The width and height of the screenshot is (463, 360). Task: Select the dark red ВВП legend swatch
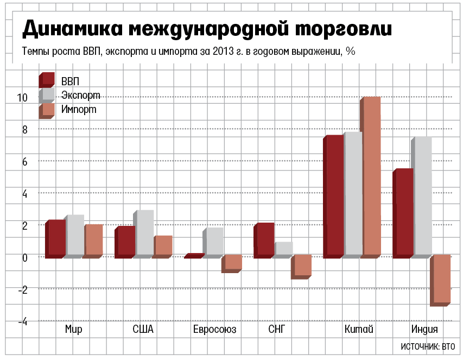point(47,80)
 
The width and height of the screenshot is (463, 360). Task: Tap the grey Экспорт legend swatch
point(47,95)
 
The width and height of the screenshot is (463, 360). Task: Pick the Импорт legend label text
point(79,109)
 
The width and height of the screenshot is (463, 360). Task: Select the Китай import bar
point(371,176)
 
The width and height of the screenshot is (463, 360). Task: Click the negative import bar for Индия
point(441,280)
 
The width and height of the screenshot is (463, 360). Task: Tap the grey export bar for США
point(144,233)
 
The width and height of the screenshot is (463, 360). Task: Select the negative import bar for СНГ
point(301,266)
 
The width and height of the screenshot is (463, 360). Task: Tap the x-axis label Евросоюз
point(214,330)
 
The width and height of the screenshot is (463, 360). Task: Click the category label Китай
point(358,330)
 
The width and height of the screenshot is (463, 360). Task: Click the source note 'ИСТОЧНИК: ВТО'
point(428,346)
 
